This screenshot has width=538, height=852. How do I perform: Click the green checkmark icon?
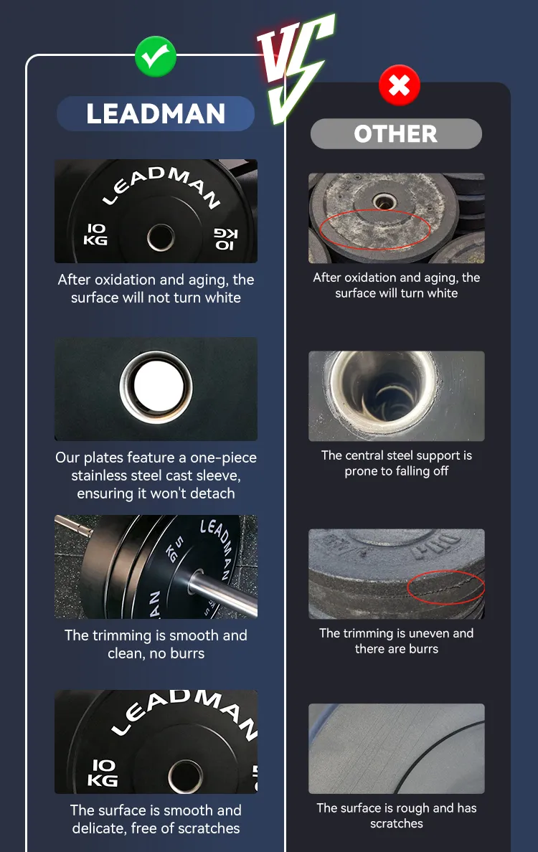[156, 56]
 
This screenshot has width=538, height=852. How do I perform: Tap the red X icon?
[400, 85]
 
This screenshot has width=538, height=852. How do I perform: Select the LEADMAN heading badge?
[156, 113]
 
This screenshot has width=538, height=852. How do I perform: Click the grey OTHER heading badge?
[396, 133]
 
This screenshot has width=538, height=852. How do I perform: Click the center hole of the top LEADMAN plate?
[161, 237]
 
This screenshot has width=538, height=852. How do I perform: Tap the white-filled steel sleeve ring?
[156, 387]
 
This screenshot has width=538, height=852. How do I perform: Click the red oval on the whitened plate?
[375, 229]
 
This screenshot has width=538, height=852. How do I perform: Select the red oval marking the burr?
[445, 587]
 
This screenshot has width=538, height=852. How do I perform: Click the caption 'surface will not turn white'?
[156, 298]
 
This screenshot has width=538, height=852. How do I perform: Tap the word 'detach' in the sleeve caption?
[209, 493]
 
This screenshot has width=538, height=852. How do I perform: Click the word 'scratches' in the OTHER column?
[397, 824]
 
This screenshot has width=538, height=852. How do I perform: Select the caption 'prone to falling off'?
[397, 471]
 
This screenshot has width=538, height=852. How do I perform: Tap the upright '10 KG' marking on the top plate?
[95, 235]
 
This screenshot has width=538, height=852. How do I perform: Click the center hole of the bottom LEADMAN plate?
[185, 775]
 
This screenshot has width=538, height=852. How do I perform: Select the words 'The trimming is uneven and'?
[396, 633]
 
